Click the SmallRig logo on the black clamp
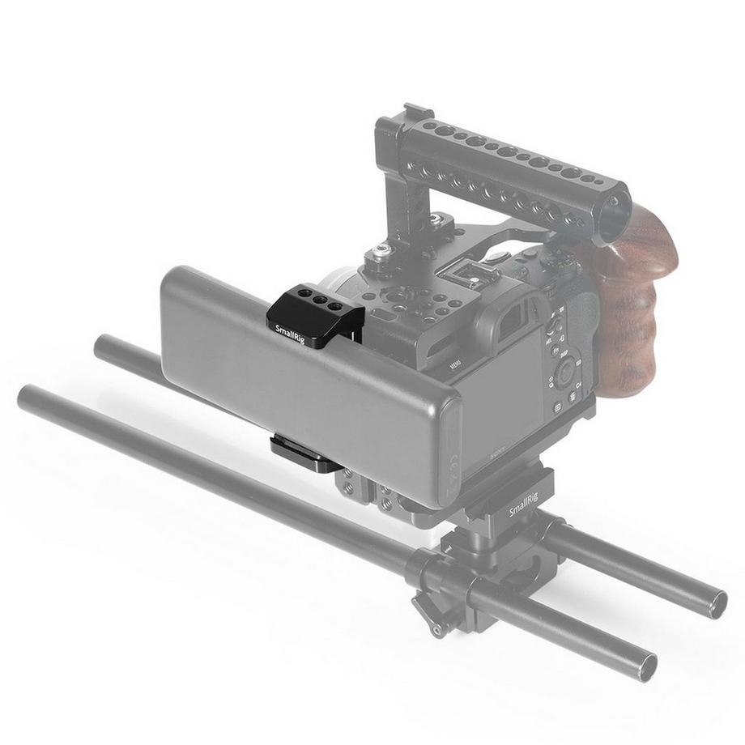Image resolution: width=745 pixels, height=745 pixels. [x=289, y=333]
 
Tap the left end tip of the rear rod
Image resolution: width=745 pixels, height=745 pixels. [x=101, y=346]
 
